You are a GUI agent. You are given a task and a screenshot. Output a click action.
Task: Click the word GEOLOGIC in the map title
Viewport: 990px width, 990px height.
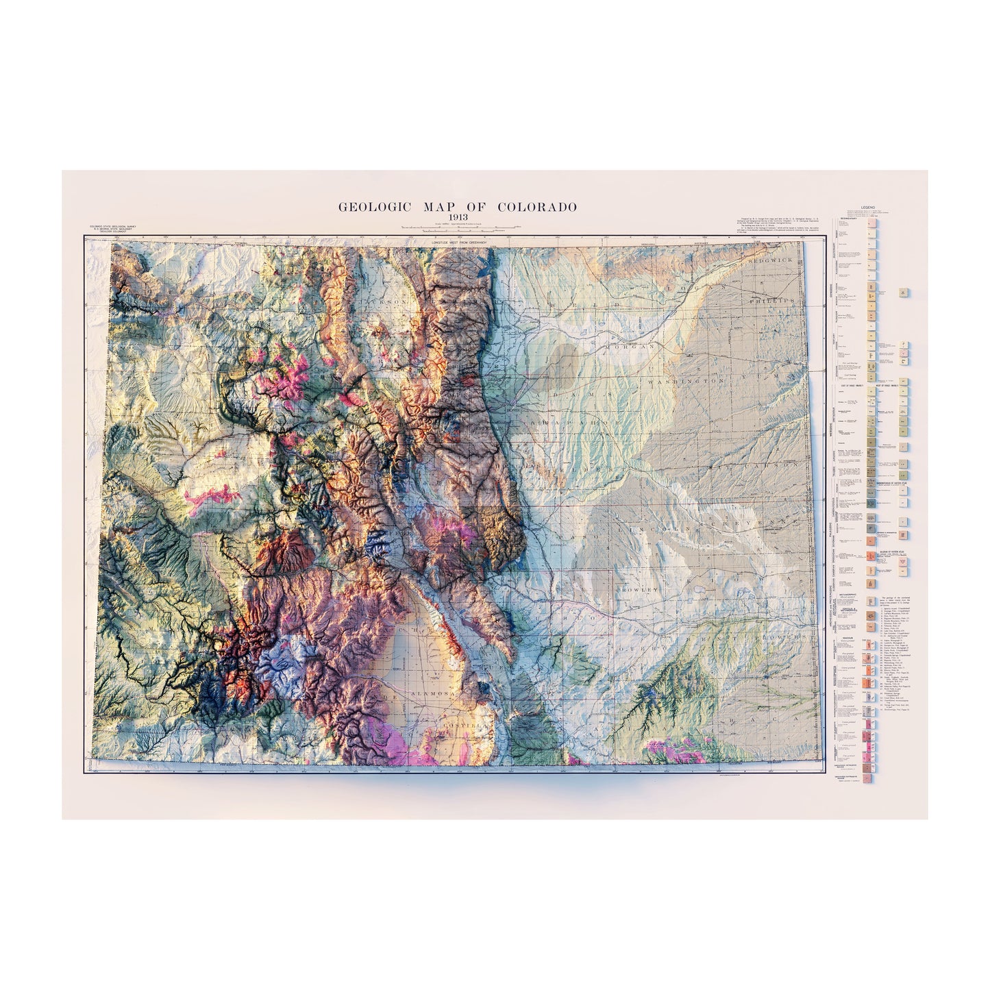coord(370,206)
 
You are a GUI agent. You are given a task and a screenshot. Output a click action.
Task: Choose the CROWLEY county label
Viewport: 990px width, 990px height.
coord(636,589)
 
